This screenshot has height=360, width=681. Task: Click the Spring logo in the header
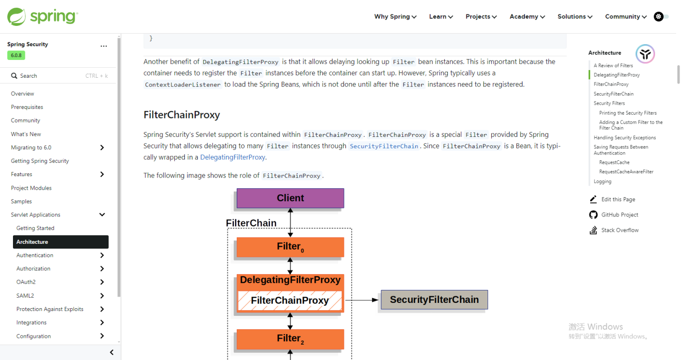[43, 16]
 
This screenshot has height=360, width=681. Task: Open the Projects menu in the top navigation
[481, 16]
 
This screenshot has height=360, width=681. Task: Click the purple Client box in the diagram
[291, 198]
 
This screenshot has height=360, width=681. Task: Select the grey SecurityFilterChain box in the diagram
[434, 300]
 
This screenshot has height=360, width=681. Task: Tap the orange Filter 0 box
[291, 247]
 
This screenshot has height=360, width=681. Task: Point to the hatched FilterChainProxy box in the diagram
[290, 300]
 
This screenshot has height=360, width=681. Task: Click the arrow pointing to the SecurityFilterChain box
[362, 300]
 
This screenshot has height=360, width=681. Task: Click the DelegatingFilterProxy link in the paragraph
[232, 157]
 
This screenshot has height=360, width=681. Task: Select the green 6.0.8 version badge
[16, 55]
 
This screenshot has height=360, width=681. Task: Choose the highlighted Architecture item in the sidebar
[61, 242]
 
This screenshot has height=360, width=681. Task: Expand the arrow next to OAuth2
[102, 282]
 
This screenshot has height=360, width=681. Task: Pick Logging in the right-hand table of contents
[602, 181]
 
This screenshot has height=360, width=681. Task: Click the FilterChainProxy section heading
[182, 115]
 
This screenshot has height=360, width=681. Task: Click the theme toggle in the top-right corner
[661, 16]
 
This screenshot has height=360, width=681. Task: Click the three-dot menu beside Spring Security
[104, 46]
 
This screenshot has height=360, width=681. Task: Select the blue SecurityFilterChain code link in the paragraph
[384, 146]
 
